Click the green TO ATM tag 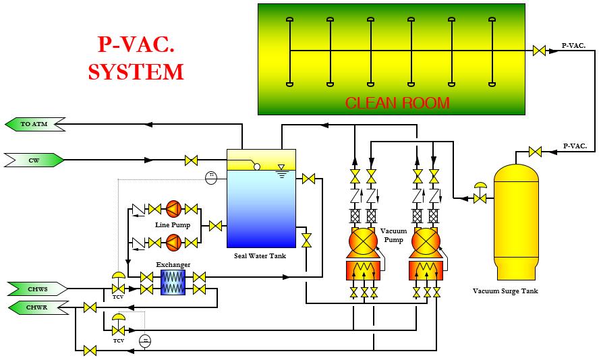point(34,125)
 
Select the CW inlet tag point(34,160)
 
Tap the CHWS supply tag point(38,289)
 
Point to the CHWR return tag point(38,308)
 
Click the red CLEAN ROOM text point(397,103)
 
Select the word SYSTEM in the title point(136,71)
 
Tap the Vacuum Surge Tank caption point(515,291)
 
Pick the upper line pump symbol point(173,209)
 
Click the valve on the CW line point(192,160)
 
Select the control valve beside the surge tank point(480,197)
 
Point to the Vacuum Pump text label point(394,235)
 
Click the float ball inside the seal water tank point(257,167)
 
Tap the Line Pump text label point(173,224)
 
